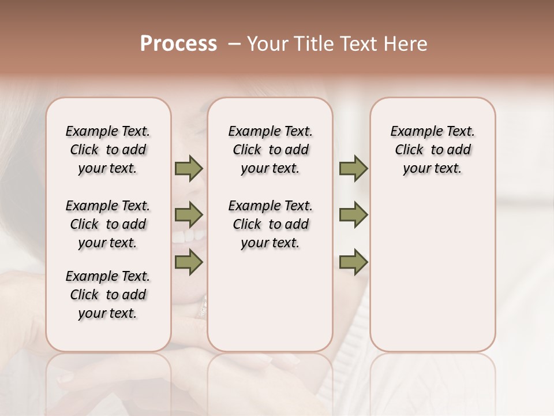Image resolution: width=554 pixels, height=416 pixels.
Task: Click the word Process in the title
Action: [178, 44]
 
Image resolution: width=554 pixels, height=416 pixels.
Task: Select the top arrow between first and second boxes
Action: [189, 169]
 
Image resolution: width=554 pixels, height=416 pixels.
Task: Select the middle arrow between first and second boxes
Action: [189, 216]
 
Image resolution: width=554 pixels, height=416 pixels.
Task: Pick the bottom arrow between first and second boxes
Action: [189, 263]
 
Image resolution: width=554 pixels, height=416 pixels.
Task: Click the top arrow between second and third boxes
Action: [353, 169]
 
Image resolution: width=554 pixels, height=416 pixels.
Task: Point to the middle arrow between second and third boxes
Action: [353, 215]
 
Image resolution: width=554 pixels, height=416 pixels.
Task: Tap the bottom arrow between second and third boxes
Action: [353, 263]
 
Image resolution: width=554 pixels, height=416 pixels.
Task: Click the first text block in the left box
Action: [108, 150]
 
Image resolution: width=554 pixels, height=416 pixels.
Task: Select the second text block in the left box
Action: [108, 224]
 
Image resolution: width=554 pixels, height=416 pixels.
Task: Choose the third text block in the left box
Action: [108, 295]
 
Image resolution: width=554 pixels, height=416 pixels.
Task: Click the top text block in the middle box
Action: [270, 150]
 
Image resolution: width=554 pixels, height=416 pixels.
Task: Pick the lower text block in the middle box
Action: [270, 224]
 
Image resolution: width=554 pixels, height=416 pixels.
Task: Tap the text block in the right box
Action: [432, 150]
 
